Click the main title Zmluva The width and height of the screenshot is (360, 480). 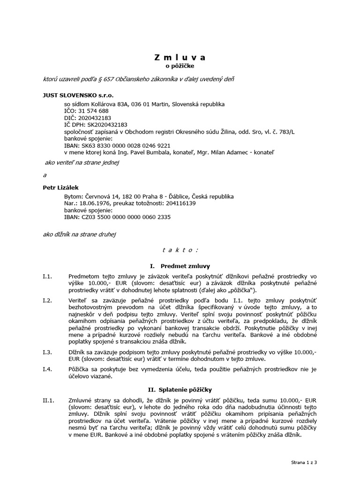[x=180, y=58]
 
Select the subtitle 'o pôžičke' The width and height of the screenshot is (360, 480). [x=180, y=67]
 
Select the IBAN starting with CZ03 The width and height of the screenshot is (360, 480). [x=117, y=217]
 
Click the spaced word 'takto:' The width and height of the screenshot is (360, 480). [x=180, y=249]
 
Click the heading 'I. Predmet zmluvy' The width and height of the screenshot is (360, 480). [x=180, y=266]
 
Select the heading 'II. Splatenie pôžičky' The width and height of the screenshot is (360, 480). [x=180, y=390]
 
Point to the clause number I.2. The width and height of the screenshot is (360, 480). [x=48, y=300]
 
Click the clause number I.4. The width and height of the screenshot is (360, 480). [x=48, y=370]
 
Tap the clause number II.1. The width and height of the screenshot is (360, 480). [x=49, y=400]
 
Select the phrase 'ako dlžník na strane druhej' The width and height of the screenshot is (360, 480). [x=79, y=233]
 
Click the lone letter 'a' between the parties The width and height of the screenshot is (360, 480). [x=45, y=175]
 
